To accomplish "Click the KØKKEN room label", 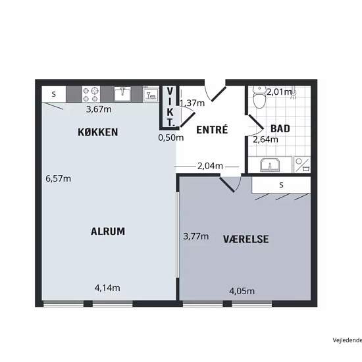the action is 98,132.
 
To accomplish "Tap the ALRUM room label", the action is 108,231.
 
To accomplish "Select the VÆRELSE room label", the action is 246,239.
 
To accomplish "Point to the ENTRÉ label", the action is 212,130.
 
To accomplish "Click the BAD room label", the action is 280,128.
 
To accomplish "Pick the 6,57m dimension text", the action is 58,178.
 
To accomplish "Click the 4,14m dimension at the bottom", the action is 107,288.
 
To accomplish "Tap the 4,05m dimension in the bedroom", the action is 242,291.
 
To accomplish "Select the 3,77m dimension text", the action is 196,236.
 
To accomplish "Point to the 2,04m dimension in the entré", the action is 210,166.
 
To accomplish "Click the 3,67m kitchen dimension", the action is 99,109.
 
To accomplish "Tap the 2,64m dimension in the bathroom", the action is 265,140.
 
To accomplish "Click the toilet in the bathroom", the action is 259,97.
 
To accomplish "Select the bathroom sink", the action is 270,165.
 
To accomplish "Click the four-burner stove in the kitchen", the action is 91,94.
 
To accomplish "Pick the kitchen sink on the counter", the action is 122,94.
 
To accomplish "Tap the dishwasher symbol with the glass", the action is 151,94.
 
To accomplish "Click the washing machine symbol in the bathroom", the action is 302,165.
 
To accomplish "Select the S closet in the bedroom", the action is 281,185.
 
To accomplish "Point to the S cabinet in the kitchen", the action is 54,94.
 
